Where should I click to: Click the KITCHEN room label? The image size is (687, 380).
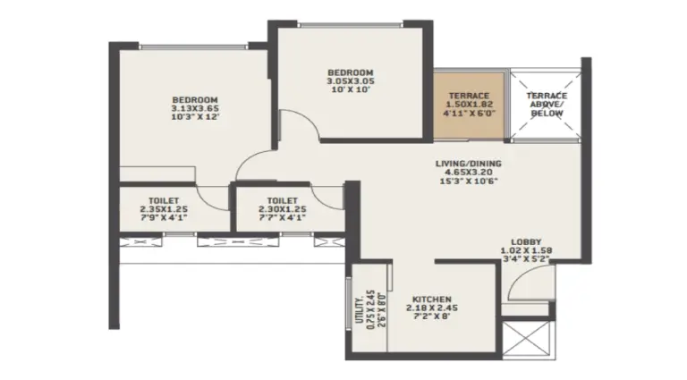431,300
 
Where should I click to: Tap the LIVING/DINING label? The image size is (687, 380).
469,164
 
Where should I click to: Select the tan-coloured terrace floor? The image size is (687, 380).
470,106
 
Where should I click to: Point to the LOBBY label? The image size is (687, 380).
526,241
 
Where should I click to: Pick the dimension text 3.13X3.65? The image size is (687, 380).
195,108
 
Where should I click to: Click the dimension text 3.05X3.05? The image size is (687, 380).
351,81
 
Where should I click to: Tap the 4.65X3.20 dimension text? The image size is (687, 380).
469,173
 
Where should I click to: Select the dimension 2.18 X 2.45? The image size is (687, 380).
432,308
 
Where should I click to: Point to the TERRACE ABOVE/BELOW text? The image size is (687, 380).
547,105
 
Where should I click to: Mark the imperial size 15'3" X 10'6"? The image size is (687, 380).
469,181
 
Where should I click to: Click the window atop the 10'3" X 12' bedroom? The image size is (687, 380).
194,46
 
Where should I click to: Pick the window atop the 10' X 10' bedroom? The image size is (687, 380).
351,25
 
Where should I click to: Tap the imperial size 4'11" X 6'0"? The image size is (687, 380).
469,113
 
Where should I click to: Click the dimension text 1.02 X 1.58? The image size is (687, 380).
526,250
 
